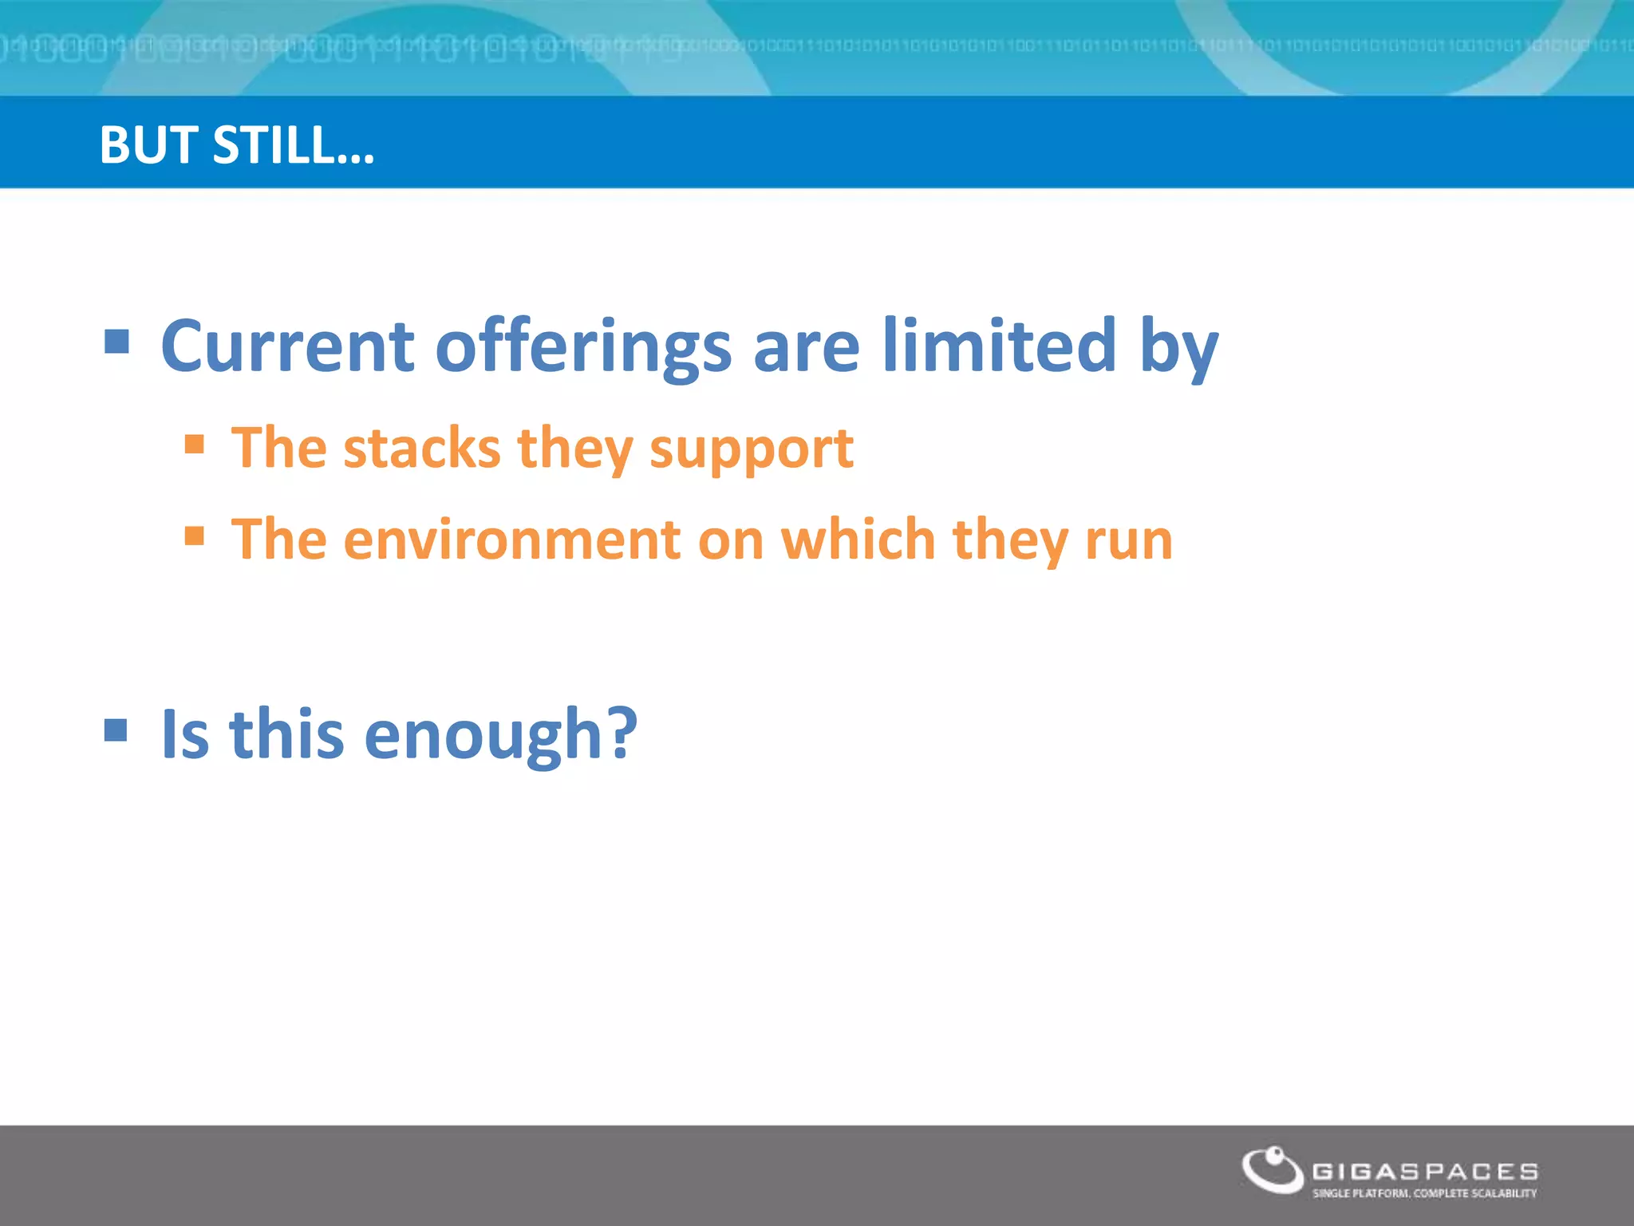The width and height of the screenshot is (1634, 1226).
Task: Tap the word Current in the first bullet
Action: (x=287, y=346)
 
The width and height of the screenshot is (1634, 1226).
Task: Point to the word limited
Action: (x=999, y=346)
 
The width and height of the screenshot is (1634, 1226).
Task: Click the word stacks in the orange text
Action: (x=421, y=448)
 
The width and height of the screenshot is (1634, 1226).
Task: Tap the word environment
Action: (x=512, y=540)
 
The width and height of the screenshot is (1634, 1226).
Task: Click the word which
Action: (x=858, y=540)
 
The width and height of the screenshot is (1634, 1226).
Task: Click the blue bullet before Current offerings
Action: (x=116, y=342)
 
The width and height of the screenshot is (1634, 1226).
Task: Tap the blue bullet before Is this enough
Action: (x=116, y=730)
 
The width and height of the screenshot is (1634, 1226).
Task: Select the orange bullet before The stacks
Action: (x=194, y=443)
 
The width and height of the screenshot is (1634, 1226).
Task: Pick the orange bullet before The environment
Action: (x=194, y=535)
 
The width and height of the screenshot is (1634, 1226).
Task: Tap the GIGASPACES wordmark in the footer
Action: (x=1425, y=1172)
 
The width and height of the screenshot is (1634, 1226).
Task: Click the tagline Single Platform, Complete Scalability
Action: (x=1424, y=1193)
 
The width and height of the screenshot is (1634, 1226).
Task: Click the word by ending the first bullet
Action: (x=1178, y=349)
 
